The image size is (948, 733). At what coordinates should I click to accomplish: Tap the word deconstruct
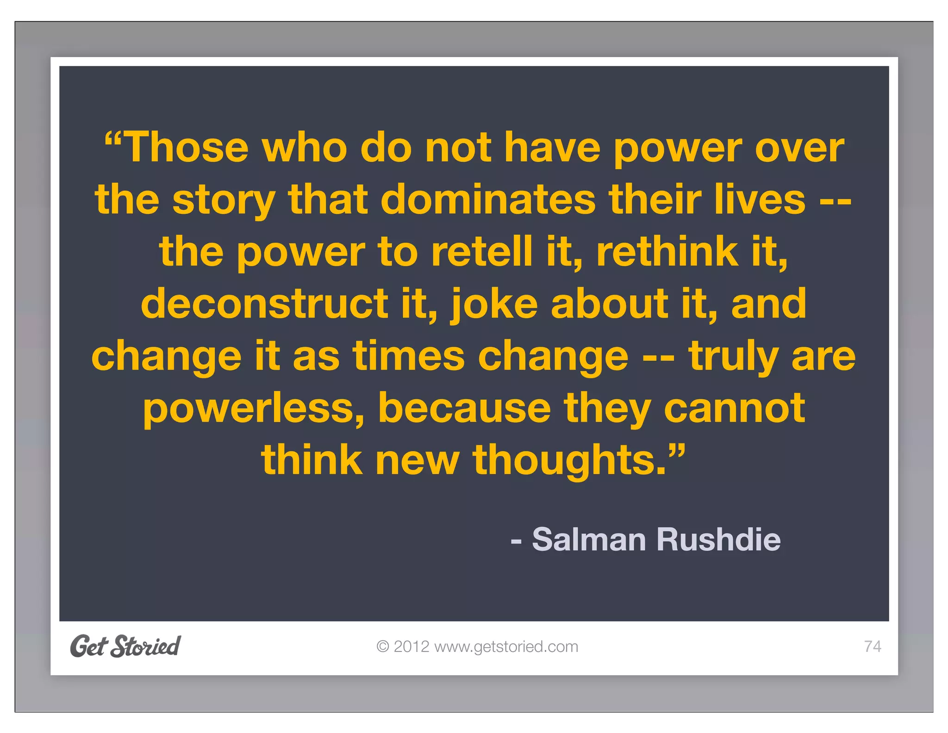coord(264,304)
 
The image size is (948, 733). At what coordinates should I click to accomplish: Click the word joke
coord(494,305)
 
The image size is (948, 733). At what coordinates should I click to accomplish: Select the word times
coord(408,356)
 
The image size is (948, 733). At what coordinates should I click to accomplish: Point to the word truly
coord(733,357)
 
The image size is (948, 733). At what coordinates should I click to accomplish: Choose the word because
coord(464,408)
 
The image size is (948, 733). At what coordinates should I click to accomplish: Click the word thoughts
coord(569,461)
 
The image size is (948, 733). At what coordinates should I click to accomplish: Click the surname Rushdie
coord(718,540)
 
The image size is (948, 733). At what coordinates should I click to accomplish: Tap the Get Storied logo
coord(125,646)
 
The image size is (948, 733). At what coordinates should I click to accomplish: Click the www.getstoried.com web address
coord(506,647)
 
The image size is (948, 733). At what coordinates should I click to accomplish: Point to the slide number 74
coord(872,647)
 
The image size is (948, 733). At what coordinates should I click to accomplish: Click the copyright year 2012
coord(411,647)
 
